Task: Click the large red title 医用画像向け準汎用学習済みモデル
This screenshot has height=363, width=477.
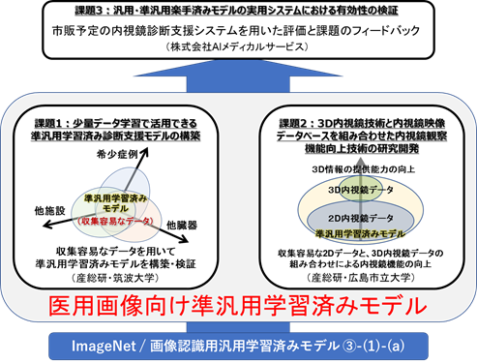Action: point(237,307)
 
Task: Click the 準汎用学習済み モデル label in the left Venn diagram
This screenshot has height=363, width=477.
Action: point(116,203)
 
